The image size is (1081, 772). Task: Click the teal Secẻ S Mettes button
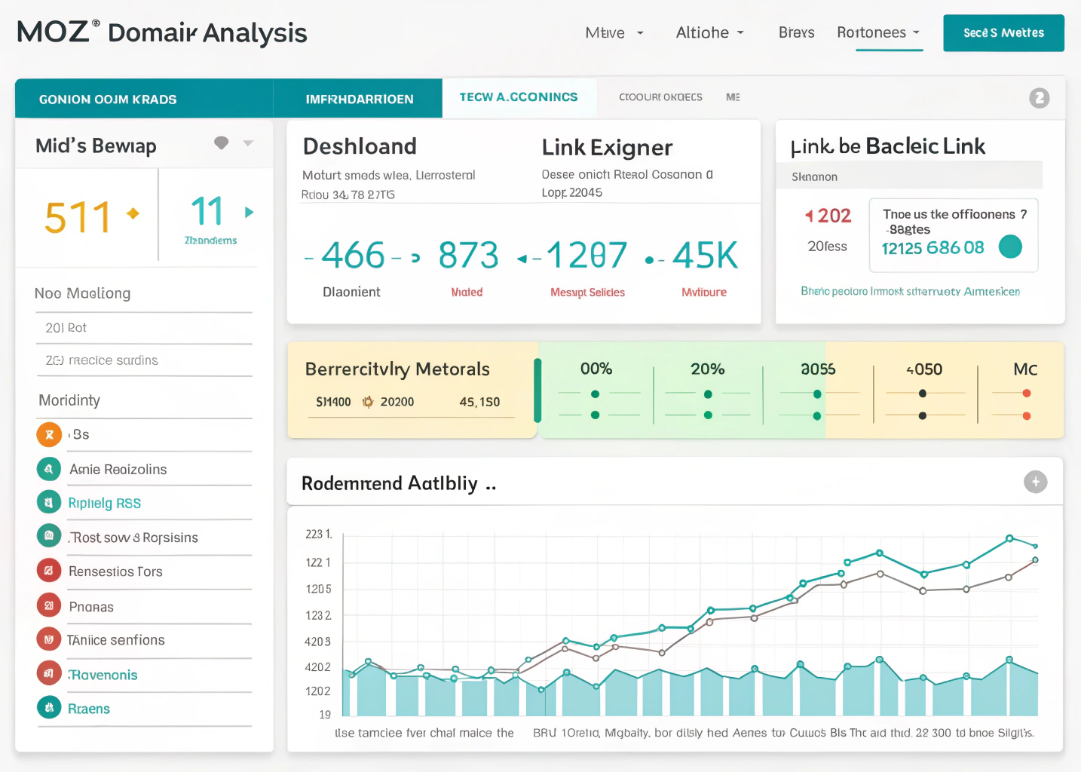(1003, 33)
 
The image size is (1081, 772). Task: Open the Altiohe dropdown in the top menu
(709, 32)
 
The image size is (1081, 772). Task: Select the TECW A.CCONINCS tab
(519, 97)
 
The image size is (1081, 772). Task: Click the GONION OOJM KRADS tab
(108, 100)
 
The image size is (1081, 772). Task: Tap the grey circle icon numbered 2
(1039, 98)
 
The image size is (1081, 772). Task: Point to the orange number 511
(78, 217)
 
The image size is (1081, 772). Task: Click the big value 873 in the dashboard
(468, 256)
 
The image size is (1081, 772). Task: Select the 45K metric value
(705, 256)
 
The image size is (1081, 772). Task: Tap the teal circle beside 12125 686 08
(1010, 247)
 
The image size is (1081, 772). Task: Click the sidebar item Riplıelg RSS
(104, 503)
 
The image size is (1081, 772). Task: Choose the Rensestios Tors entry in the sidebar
(115, 571)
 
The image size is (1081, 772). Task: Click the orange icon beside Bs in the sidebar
(49, 434)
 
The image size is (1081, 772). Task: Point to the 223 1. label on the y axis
(318, 534)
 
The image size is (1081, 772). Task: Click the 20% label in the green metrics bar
(707, 369)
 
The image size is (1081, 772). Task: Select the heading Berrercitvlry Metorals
(397, 369)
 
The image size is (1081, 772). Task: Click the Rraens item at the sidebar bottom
(89, 709)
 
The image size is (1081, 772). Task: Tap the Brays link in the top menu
(796, 32)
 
